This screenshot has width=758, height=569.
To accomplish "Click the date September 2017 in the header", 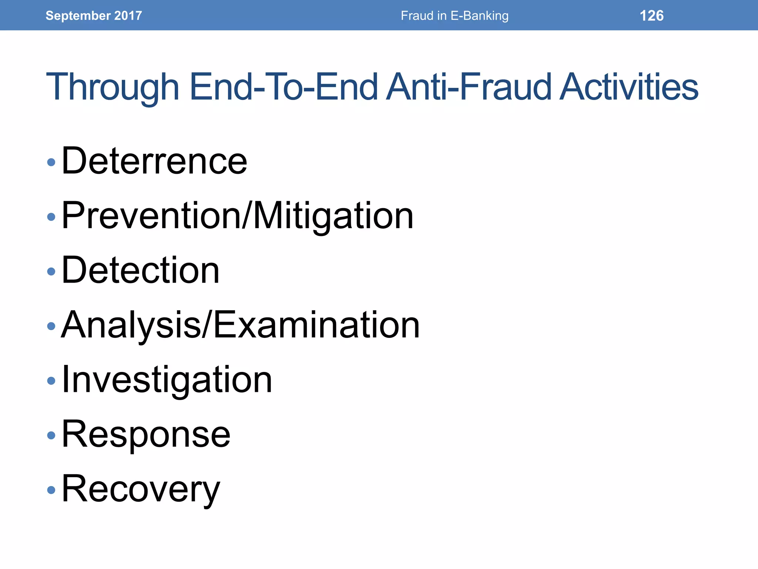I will coord(94,16).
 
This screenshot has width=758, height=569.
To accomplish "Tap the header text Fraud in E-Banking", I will coord(455,16).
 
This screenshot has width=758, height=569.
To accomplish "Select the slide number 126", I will coord(651,16).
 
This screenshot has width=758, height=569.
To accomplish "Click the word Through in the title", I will coord(113,87).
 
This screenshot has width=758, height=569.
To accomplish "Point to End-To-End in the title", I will coord(284,87).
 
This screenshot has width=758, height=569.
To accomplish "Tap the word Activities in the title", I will coord(628,87).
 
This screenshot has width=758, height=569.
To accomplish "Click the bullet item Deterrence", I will coord(154,161).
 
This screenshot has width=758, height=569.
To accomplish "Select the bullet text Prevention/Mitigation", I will coord(237,216).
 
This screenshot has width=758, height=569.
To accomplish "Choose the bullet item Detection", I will coord(140,270).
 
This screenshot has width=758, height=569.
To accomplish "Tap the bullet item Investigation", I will coord(167,380).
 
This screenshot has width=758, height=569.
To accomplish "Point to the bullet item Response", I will coord(146,434).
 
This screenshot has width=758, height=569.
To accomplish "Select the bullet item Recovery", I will coord(141,489).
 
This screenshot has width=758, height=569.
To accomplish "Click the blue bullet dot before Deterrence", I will coord(51,162).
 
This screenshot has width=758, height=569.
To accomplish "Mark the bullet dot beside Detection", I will coord(51,272).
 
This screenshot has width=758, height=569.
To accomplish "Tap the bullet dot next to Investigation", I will coord(51,381).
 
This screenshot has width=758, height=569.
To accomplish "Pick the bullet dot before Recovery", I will coord(51,490).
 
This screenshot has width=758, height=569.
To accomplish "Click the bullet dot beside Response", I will coord(51,435).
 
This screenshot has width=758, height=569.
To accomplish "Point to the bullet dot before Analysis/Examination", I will coord(51,326).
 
